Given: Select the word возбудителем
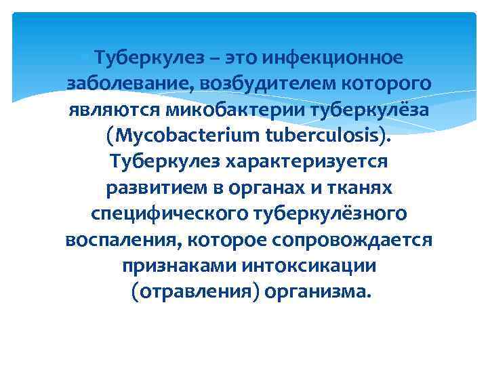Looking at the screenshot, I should tap(259, 83).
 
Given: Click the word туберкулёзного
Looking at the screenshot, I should tap(330, 213).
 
